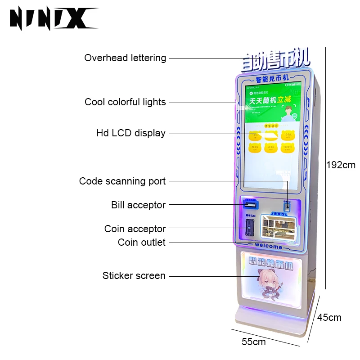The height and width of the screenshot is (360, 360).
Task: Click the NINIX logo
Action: [53, 19]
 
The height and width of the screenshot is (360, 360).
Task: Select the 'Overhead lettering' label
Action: [125, 58]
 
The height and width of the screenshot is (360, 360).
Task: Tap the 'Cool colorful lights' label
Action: [125, 102]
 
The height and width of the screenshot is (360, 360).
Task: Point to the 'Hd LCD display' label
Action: [131, 133]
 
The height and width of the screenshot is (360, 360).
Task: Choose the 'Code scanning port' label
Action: [122, 181]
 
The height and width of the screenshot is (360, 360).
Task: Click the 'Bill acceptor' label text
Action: [139, 205]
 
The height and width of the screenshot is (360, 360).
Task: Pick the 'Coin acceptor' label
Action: [135, 229]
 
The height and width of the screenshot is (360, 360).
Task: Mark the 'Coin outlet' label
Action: [142, 243]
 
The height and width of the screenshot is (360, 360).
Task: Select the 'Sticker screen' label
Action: [134, 276]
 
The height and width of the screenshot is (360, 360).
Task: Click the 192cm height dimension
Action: [341, 165]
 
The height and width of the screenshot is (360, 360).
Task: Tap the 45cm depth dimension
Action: [329, 318]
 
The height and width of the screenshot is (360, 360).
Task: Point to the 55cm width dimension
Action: [254, 342]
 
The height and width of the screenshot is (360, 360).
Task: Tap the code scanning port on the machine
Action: [287, 207]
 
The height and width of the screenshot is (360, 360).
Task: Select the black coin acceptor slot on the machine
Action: [248, 229]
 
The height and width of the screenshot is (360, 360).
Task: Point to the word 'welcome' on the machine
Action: [269, 247]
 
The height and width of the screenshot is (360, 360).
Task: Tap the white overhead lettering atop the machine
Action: [275, 60]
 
